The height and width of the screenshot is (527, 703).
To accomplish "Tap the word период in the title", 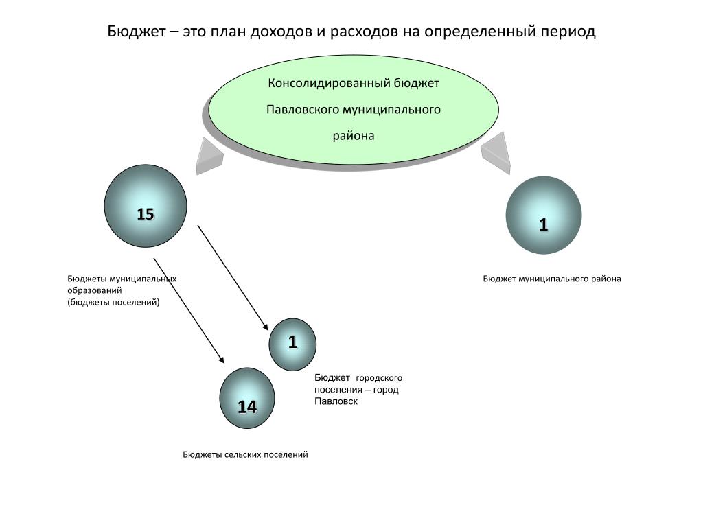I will [565, 32].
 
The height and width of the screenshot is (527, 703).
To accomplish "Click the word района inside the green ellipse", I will [354, 136].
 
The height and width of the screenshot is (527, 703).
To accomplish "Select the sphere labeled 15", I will [146, 206].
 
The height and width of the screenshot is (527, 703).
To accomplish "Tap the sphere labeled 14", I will [247, 399].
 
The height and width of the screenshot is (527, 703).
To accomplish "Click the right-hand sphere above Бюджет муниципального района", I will [543, 215].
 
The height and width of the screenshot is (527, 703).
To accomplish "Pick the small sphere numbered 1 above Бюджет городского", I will [292, 344].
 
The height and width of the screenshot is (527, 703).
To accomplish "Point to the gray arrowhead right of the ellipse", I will [498, 151].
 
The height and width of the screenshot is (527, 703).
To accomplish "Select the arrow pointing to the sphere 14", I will [188, 309].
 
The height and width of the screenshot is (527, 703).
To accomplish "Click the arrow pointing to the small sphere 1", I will [232, 277].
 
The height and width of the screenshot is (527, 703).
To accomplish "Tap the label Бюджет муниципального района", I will [551, 279].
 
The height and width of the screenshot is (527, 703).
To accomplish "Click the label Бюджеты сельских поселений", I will [245, 454].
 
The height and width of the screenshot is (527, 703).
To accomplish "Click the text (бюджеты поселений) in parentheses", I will [113, 302].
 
